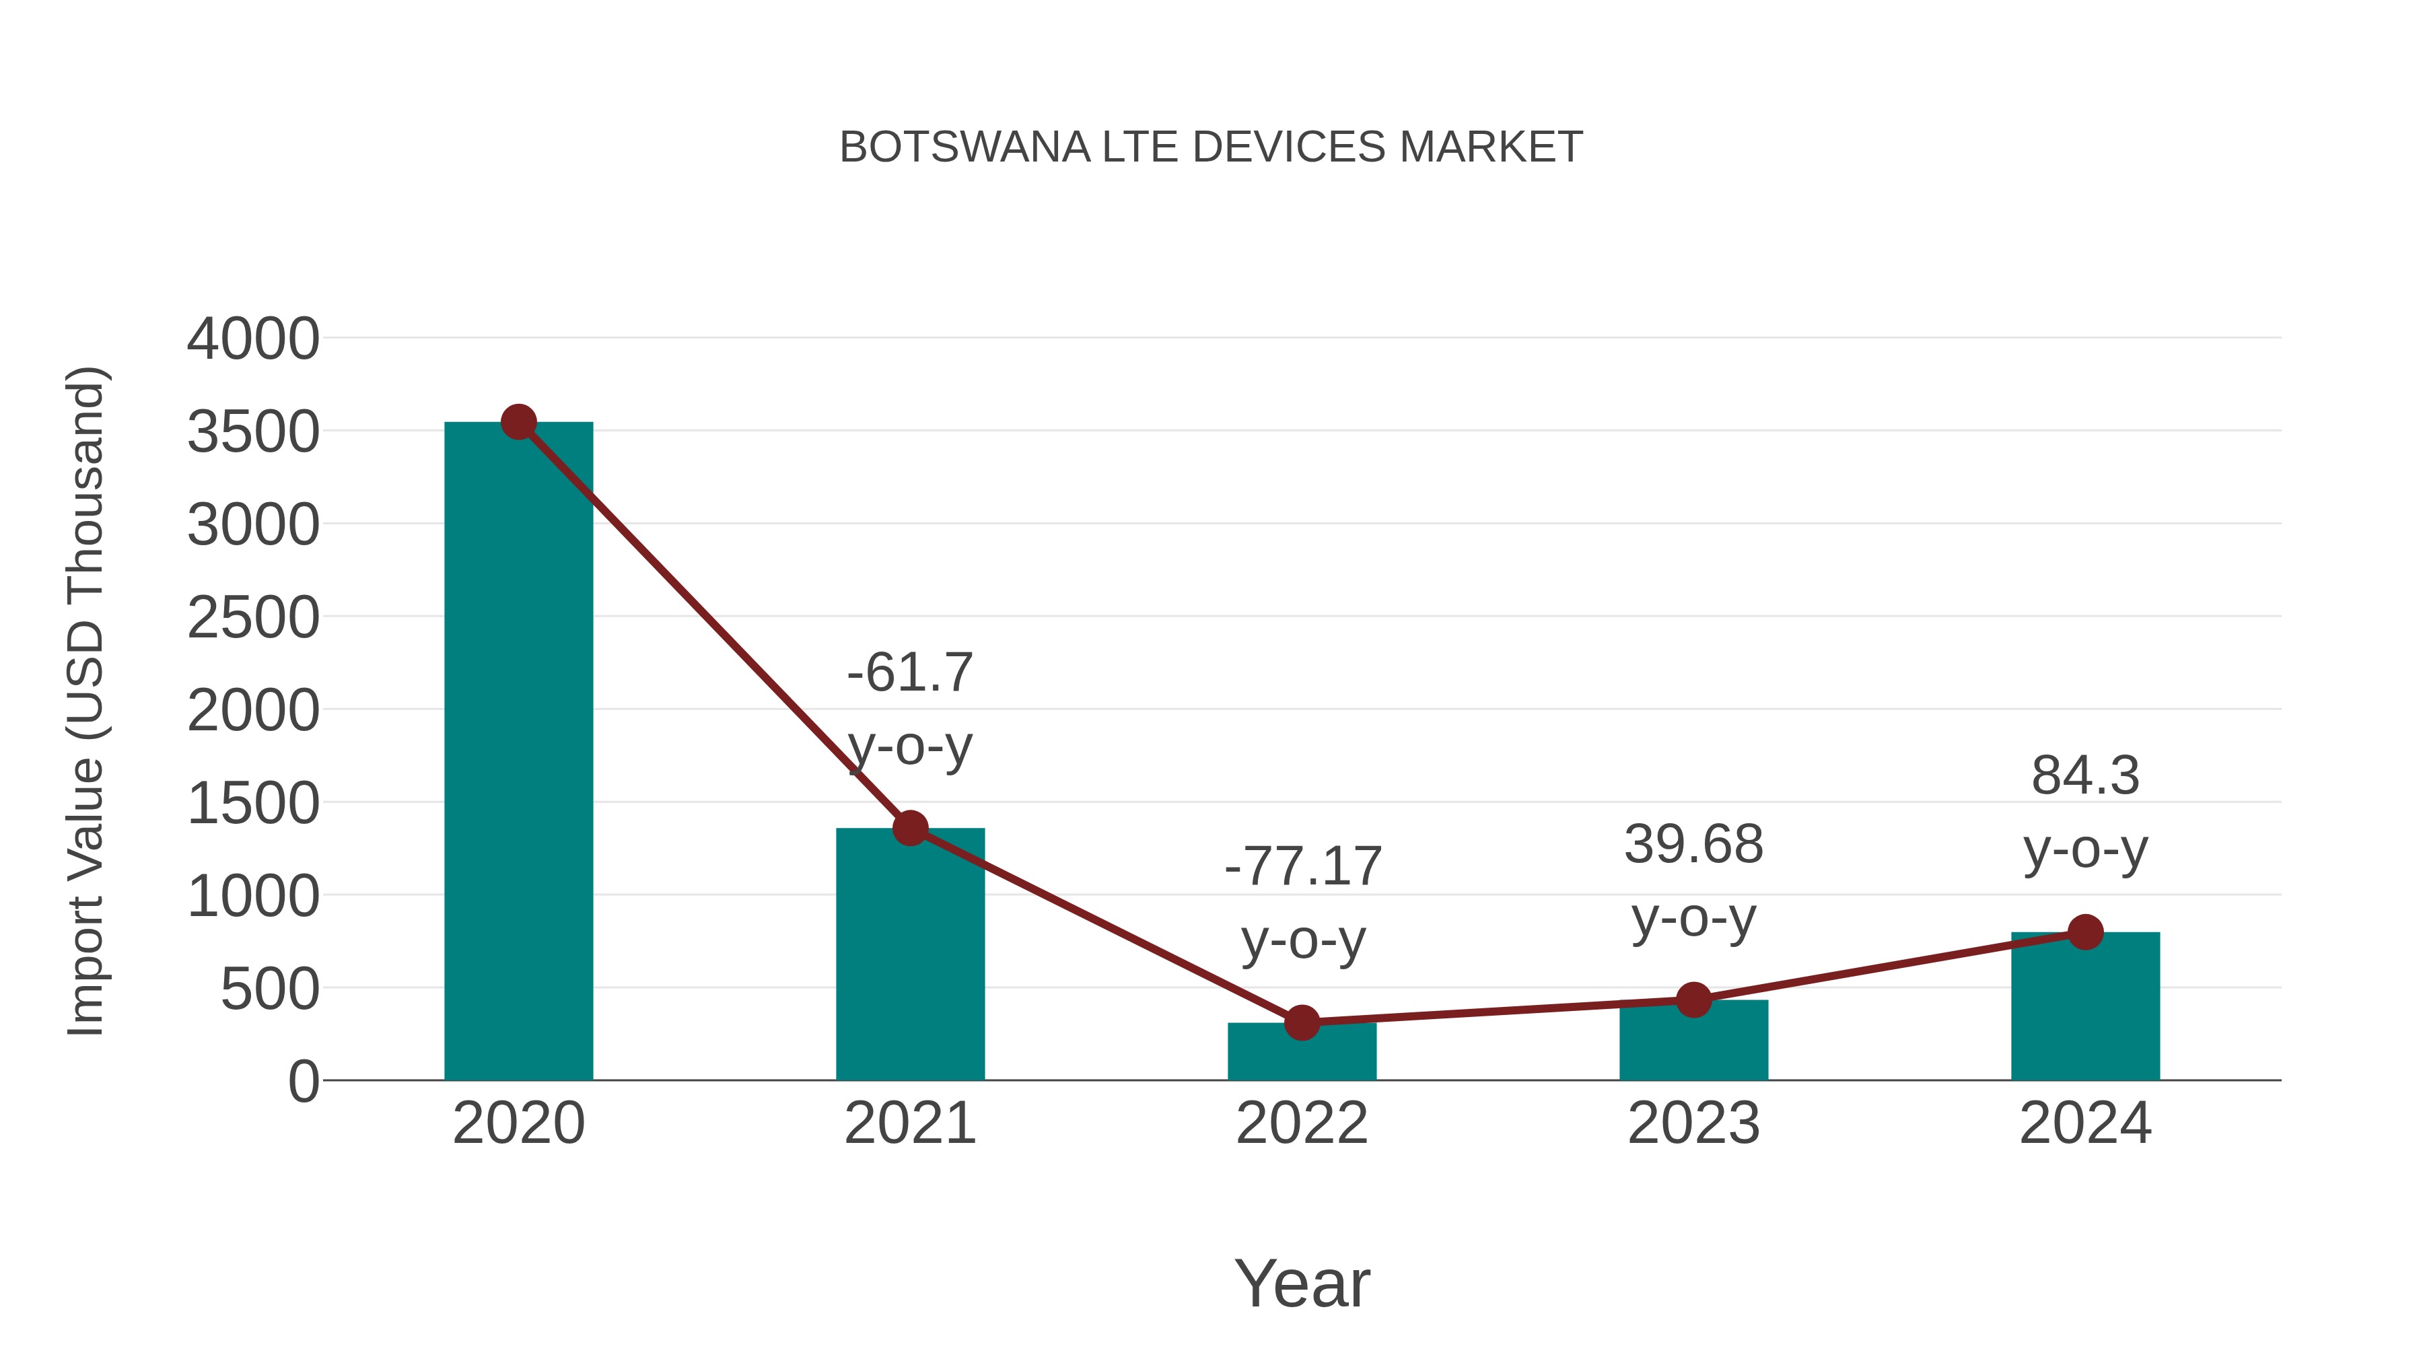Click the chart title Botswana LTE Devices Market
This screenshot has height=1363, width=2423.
1211,147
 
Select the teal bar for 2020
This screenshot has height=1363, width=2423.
518,753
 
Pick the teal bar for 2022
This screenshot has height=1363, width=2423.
1302,1053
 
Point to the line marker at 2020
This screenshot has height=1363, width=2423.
518,422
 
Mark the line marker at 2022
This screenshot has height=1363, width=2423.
1302,1022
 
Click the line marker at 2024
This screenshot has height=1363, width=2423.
2085,932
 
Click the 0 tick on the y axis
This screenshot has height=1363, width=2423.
304,1082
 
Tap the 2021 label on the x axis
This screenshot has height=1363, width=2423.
909,1123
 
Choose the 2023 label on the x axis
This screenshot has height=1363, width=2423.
1693,1123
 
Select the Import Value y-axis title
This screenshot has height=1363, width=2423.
85,701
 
